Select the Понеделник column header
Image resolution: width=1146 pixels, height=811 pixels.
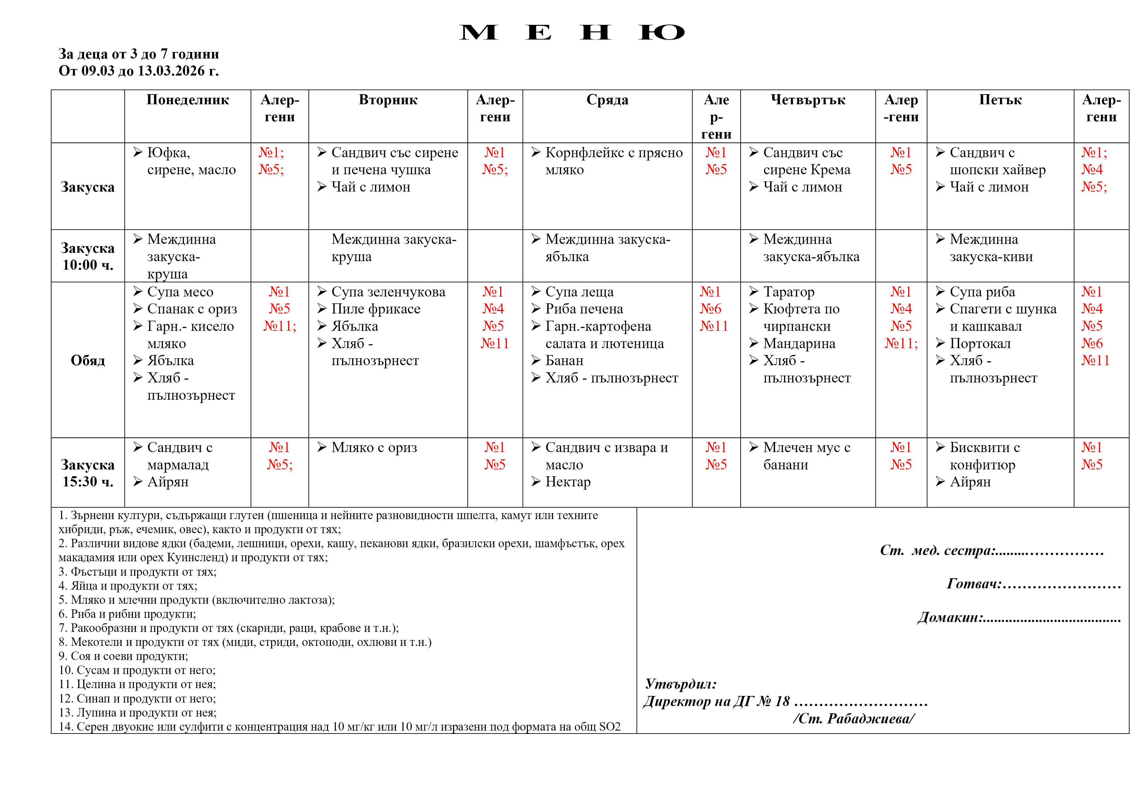(188, 100)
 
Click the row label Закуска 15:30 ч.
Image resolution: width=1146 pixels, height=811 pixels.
(88, 473)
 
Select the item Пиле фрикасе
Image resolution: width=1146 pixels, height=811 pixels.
(375, 309)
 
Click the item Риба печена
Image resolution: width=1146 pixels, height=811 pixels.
(584, 309)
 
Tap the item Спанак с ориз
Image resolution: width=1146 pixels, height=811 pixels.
(192, 309)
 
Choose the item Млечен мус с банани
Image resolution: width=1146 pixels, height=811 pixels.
(806, 456)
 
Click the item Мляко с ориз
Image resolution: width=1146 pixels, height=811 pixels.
(374, 448)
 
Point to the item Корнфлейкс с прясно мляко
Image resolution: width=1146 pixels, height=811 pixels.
(614, 161)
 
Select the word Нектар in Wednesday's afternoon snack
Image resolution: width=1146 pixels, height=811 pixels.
(568, 482)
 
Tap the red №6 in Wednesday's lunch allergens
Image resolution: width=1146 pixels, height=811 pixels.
(710, 309)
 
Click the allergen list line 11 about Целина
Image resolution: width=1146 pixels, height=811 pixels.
(137, 684)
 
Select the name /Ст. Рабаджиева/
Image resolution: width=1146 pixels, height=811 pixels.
(854, 718)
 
